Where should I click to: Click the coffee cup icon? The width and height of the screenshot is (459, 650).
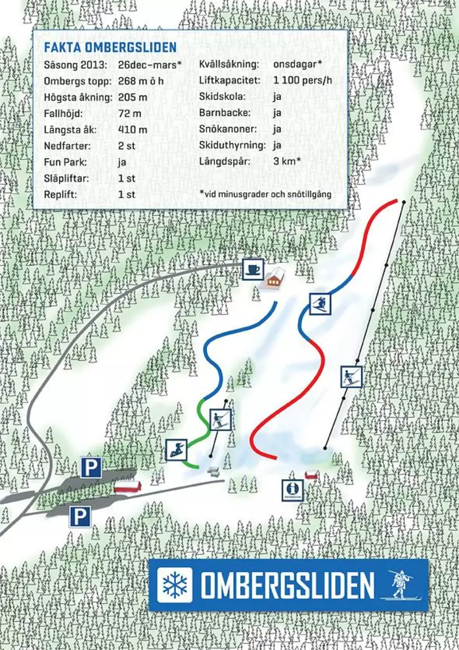click(252, 268)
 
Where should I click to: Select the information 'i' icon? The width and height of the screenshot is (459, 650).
click(292, 489)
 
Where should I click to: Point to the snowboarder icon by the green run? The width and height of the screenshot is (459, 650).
click(176, 449)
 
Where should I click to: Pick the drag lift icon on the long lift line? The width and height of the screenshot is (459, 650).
click(351, 376)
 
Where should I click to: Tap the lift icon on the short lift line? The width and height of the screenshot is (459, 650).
click(221, 419)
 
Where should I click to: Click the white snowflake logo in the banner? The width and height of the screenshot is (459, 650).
click(175, 584)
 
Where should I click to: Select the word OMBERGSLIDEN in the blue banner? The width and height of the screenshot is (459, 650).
click(287, 586)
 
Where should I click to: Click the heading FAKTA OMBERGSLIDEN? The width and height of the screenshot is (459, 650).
click(110, 48)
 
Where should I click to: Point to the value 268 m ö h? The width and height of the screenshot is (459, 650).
click(141, 81)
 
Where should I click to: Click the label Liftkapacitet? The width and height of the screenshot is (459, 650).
click(230, 81)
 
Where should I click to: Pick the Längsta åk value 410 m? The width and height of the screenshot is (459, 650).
click(132, 129)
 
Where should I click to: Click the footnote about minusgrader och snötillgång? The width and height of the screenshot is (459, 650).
click(273, 193)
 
